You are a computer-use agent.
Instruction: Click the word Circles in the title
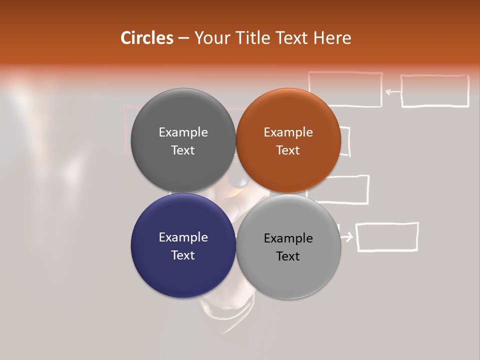[x=147, y=38]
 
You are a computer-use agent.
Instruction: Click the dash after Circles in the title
[x=183, y=38]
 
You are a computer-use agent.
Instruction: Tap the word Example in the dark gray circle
[x=183, y=132]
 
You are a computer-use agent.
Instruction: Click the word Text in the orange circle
[x=288, y=150]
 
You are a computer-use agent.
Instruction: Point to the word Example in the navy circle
[x=183, y=237]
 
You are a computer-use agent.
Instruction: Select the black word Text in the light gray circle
[x=288, y=256]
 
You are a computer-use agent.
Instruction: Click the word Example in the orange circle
[x=288, y=132]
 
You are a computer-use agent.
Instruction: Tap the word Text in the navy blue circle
[x=183, y=255]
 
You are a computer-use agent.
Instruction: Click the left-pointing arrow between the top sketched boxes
[x=393, y=91]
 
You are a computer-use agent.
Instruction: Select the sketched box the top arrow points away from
[x=435, y=91]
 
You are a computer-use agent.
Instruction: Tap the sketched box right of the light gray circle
[x=387, y=236]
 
